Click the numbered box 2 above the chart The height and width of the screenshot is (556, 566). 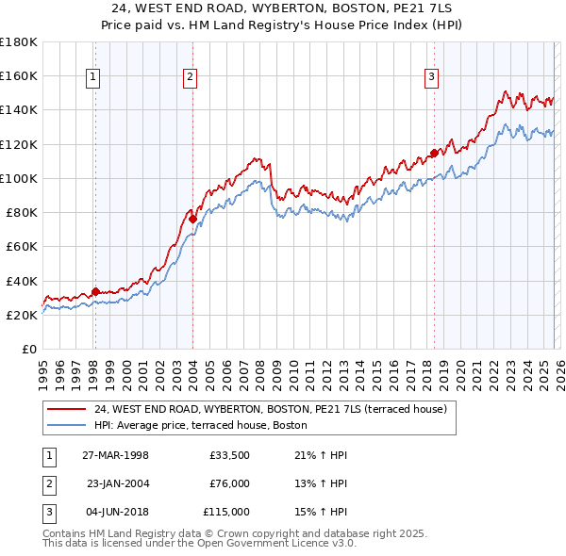point(191,78)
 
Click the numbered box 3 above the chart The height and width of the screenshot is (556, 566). point(431,78)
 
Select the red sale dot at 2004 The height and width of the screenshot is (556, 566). point(192,219)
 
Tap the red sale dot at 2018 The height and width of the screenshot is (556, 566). point(434,153)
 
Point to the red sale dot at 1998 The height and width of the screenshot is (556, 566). point(95,291)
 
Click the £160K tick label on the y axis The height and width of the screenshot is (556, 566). point(19,75)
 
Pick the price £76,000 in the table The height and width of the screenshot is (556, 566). point(228,483)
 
